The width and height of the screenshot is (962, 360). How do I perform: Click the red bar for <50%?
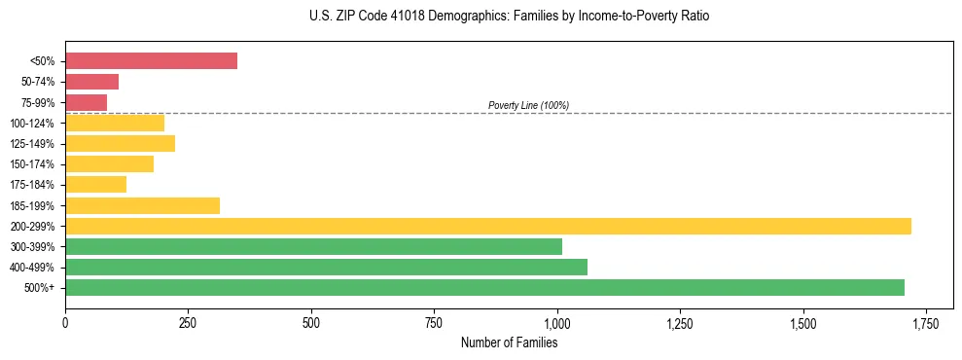point(151,61)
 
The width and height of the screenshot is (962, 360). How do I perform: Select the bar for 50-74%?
point(91,82)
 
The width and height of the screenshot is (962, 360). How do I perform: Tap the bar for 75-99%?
point(86,102)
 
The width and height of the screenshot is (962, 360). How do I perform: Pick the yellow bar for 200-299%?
point(487,226)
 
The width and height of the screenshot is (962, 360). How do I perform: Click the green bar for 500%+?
point(484,287)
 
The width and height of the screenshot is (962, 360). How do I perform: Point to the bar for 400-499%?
point(326,267)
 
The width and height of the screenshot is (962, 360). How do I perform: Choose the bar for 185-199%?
point(142,205)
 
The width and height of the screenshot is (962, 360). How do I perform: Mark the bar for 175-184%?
point(95,185)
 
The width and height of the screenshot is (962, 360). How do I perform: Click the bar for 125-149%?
point(120,143)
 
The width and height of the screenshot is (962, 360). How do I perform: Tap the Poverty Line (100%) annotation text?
point(528,105)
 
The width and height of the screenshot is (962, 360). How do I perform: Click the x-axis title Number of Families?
point(509,342)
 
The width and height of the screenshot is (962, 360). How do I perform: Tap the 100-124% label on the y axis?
point(32,124)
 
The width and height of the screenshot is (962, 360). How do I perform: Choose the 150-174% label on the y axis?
point(32,164)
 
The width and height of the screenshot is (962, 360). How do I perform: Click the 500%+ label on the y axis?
point(40,288)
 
